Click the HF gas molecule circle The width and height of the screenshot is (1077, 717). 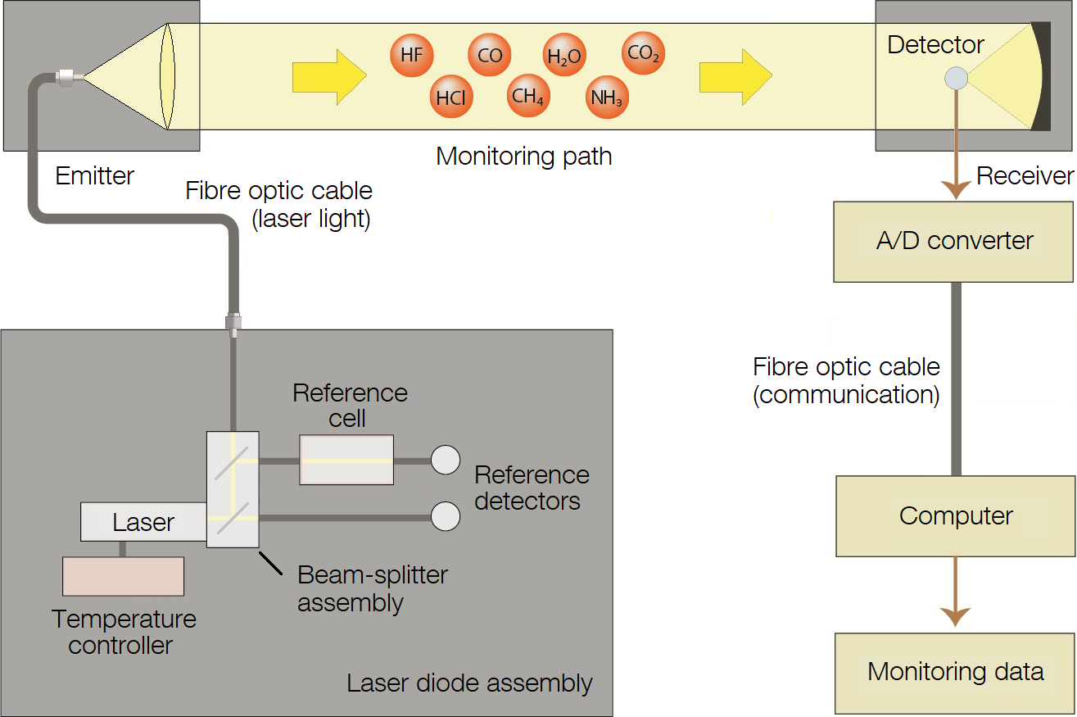tap(411, 56)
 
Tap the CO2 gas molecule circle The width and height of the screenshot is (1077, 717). tap(643, 54)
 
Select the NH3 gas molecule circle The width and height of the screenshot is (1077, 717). tap(607, 98)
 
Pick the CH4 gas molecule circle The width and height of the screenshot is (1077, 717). tap(527, 97)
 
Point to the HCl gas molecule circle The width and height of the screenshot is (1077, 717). tap(450, 98)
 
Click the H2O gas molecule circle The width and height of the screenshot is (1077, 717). tap(564, 56)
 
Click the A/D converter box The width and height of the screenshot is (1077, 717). tap(953, 242)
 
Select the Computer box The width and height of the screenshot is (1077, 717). tap(955, 516)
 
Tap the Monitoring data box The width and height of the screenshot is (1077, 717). tap(955, 673)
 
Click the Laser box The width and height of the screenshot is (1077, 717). tap(143, 522)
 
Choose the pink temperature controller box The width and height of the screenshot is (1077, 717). tap(123, 576)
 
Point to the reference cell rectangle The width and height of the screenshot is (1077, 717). tap(346, 460)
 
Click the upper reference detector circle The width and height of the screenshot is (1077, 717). tap(446, 460)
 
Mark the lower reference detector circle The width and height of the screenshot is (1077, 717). tap(446, 516)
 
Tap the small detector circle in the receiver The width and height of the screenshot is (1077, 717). tap(956, 79)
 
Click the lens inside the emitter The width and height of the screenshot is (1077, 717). tap(168, 76)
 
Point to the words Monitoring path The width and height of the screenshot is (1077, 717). tap(523, 156)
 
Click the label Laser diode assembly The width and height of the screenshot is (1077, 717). tap(469, 683)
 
